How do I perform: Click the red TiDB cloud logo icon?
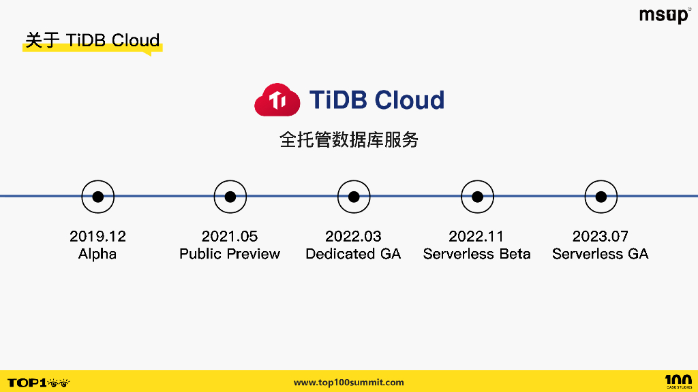click(277, 101)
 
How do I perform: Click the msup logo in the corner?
click(664, 16)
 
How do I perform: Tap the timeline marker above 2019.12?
click(98, 197)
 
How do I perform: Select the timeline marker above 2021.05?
click(230, 197)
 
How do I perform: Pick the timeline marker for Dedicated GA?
click(354, 197)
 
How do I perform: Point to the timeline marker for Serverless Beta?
click(477, 197)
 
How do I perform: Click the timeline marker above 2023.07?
click(601, 197)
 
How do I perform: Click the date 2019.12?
click(98, 236)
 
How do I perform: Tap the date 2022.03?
click(353, 236)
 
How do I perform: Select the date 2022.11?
click(476, 236)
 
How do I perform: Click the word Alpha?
click(97, 254)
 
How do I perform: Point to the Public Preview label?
click(230, 254)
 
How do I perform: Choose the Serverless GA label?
click(600, 254)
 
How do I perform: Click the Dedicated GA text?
click(353, 254)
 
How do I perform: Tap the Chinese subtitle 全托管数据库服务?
click(349, 140)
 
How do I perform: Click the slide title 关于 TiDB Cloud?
click(92, 40)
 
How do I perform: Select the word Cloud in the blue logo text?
click(410, 100)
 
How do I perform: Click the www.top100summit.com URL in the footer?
click(348, 382)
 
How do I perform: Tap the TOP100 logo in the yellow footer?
click(39, 382)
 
